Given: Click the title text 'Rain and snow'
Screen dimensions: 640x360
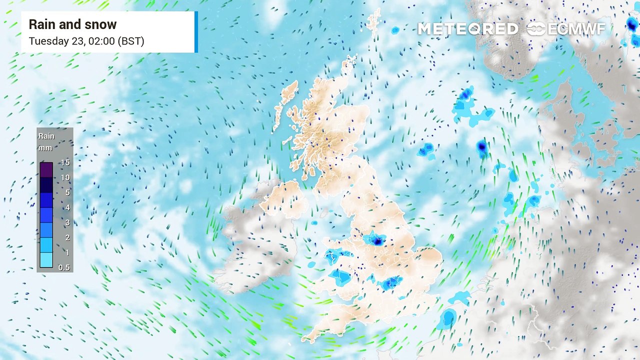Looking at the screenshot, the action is [x=72, y=24].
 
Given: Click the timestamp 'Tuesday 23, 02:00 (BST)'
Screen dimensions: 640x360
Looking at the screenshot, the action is [x=86, y=41].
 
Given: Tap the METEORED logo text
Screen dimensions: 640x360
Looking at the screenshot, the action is [x=467, y=29].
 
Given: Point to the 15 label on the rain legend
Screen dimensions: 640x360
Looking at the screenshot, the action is [x=65, y=162].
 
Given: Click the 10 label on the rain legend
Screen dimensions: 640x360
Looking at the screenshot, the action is [x=65, y=177].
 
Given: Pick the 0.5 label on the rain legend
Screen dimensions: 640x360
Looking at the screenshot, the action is [x=64, y=267].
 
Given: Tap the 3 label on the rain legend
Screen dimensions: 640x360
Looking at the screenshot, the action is [x=67, y=222].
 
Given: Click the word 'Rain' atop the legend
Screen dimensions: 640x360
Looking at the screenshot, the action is [x=46, y=136].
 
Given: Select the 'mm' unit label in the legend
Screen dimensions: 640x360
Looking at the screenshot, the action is [x=45, y=147].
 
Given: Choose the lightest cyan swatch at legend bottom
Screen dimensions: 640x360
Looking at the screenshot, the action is [x=46, y=260].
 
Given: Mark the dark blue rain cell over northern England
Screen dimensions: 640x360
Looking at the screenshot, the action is [x=378, y=241].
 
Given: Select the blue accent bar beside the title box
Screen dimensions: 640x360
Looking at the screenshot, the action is [x=196, y=31].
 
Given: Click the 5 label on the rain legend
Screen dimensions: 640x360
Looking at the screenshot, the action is [x=67, y=192].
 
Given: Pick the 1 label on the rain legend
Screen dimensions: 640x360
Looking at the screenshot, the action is [x=67, y=252].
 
